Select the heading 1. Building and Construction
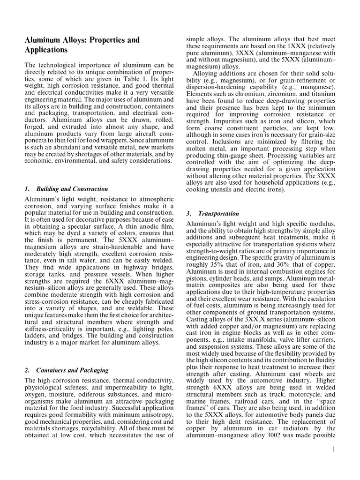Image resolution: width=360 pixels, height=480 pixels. pos(66,189)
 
